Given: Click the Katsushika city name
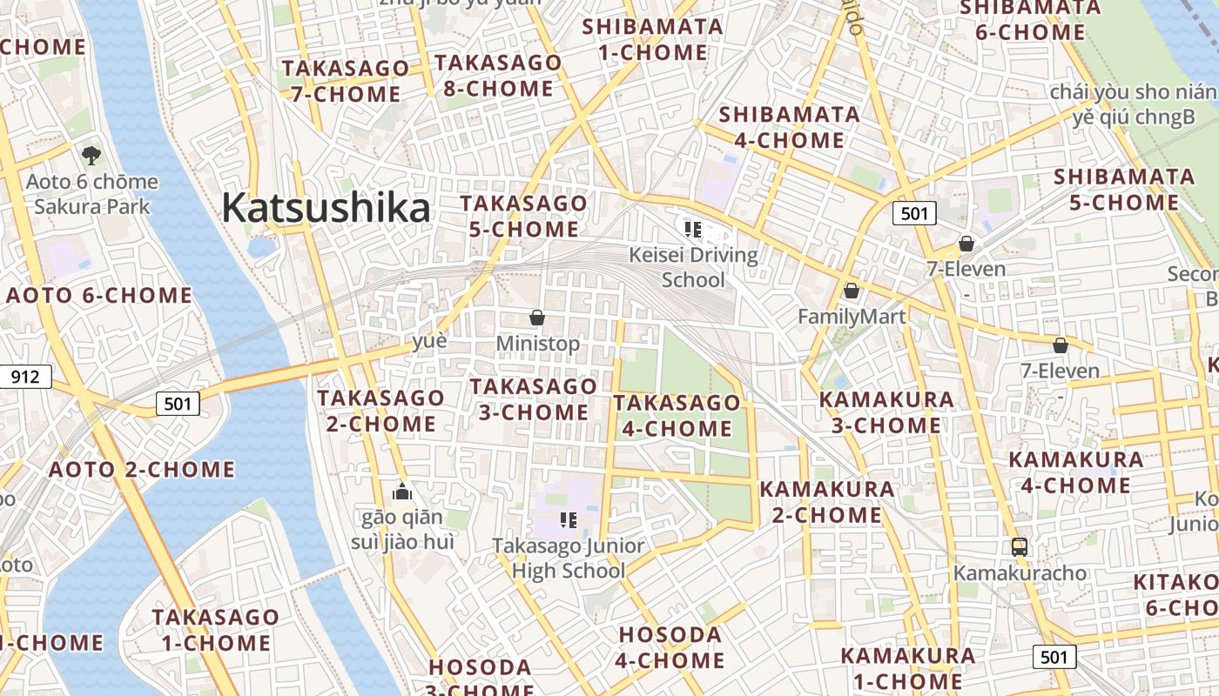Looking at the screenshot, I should (x=326, y=209).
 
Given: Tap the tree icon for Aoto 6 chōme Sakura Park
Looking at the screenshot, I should (x=91, y=157).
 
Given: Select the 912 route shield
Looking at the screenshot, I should (x=26, y=377).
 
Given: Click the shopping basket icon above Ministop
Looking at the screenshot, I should (x=537, y=318).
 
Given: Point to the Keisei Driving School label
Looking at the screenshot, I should (x=693, y=267).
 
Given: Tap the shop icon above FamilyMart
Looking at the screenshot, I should (x=852, y=291).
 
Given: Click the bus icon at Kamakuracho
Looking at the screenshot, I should (x=1020, y=547).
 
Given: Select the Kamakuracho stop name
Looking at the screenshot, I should (x=1020, y=573).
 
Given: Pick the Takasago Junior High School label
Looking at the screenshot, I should (x=568, y=559).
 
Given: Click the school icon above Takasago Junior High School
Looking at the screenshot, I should (x=569, y=520).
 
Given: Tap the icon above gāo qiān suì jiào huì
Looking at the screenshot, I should (x=401, y=492).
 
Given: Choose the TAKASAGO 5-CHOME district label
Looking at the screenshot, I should (x=523, y=216).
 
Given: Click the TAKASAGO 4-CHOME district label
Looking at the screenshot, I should (x=677, y=415).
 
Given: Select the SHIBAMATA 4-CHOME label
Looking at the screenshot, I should (x=789, y=127).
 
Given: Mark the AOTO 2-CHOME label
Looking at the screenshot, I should (x=142, y=470).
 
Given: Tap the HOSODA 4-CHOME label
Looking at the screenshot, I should (x=670, y=647).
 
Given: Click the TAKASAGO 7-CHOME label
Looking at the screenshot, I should (x=345, y=81).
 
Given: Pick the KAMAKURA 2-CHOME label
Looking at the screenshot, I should (x=827, y=502).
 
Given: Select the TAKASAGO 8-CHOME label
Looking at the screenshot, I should (x=497, y=76).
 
